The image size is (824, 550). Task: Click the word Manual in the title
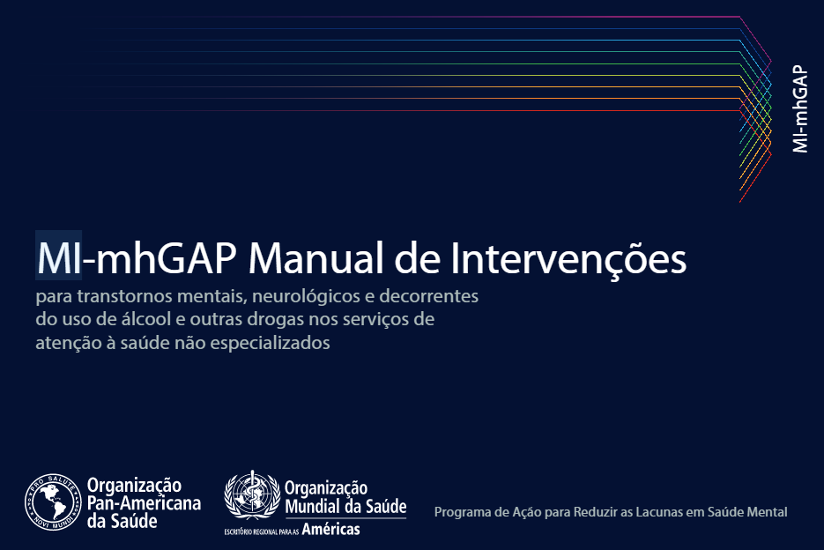(x=316, y=257)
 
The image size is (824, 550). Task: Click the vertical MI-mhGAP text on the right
(x=800, y=108)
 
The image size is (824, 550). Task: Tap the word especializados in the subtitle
(x=270, y=344)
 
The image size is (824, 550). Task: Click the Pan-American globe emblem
(x=53, y=502)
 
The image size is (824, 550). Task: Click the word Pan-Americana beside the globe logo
(x=144, y=503)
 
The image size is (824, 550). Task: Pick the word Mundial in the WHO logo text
(x=312, y=506)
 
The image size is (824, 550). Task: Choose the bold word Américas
(x=331, y=529)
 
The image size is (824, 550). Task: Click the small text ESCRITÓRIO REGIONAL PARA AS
(x=262, y=531)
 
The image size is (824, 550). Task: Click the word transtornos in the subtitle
(x=124, y=296)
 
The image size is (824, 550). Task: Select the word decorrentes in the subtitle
(x=429, y=296)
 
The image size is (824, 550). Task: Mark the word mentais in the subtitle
(x=212, y=296)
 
